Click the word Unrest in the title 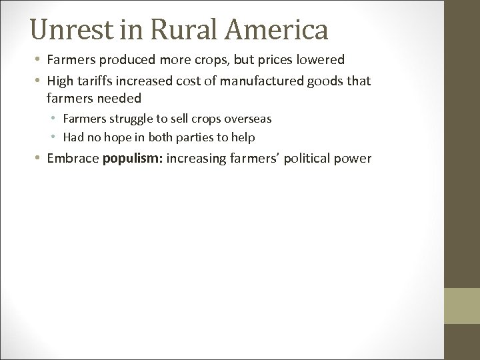pyautogui.click(x=73, y=30)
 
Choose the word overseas pyautogui.click(x=247, y=119)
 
